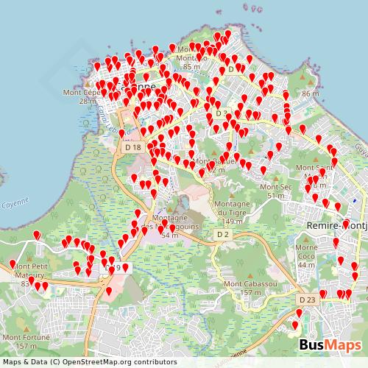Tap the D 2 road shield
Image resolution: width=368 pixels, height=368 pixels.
pyautogui.click(x=224, y=234)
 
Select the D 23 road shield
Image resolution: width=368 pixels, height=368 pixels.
pyautogui.click(x=308, y=300)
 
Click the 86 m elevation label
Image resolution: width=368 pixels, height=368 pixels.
pyautogui.click(x=310, y=94)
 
